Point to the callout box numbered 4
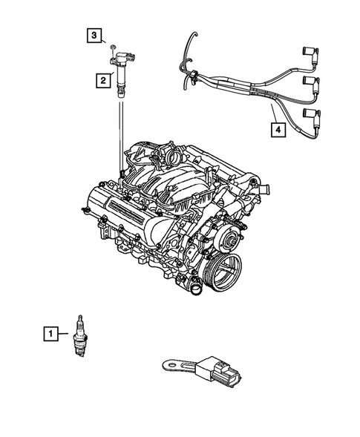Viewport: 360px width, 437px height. pyautogui.click(x=277, y=131)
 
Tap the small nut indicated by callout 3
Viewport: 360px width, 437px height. pyautogui.click(x=112, y=47)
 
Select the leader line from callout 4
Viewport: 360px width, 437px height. pyautogui.click(x=270, y=114)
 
